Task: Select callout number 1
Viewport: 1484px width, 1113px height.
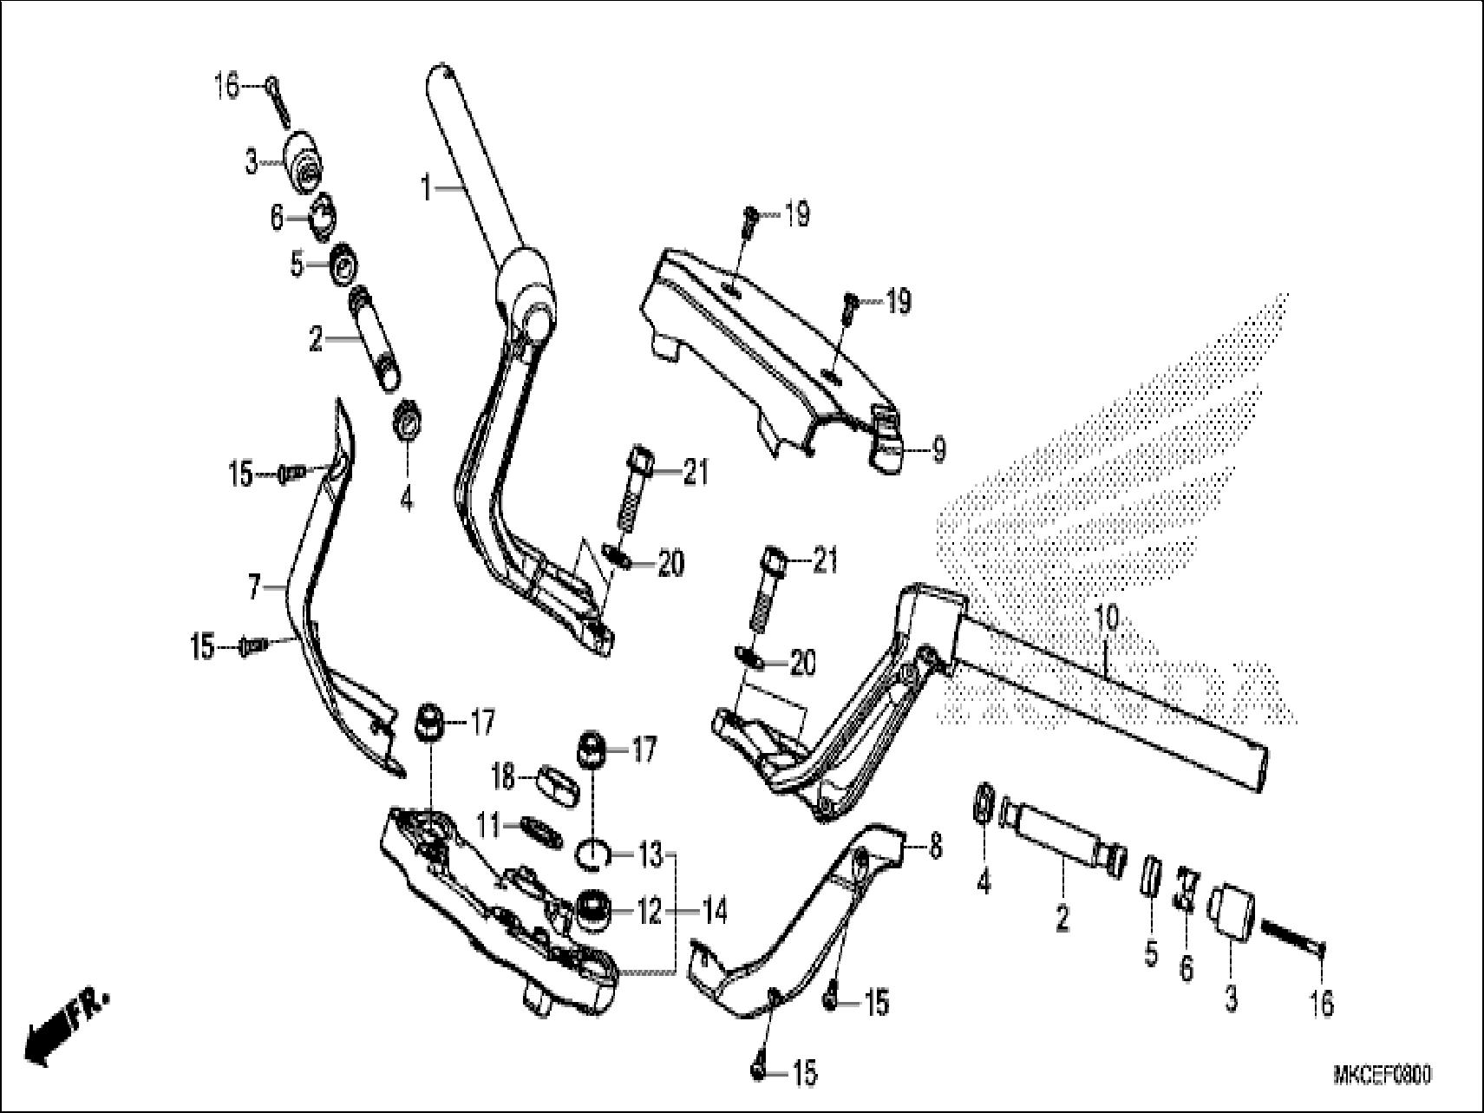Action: (x=426, y=187)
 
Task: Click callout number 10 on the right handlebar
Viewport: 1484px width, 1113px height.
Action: (x=1108, y=619)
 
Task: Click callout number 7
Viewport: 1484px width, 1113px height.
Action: (x=254, y=589)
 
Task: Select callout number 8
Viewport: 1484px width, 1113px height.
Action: (x=934, y=847)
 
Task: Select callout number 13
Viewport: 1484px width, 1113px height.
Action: (x=650, y=854)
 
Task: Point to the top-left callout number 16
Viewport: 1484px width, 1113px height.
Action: (x=226, y=87)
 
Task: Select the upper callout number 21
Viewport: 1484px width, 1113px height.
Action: (x=695, y=473)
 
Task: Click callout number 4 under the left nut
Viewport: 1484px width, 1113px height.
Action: (x=406, y=500)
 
